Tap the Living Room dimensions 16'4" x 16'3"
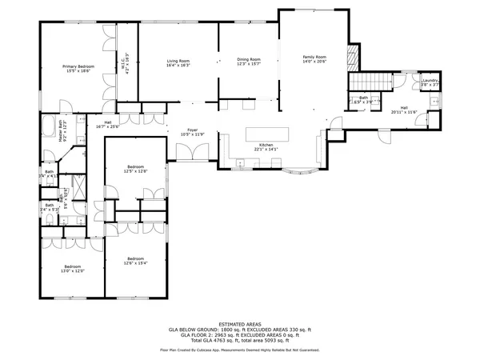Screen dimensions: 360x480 (178, 66)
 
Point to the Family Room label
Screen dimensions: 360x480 (314, 57)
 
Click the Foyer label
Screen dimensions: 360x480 (192, 130)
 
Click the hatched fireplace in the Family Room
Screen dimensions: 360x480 (350, 58)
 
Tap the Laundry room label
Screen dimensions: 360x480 (430, 80)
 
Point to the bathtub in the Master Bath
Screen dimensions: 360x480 (47, 126)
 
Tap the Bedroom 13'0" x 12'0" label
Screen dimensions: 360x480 (73, 266)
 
